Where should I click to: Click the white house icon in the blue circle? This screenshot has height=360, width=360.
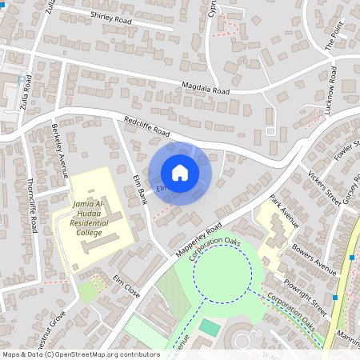click(180, 173)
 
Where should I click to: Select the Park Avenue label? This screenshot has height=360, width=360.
click(283, 210)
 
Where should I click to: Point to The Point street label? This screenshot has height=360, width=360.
click(334, 35)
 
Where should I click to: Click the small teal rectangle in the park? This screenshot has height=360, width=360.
click(209, 326)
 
